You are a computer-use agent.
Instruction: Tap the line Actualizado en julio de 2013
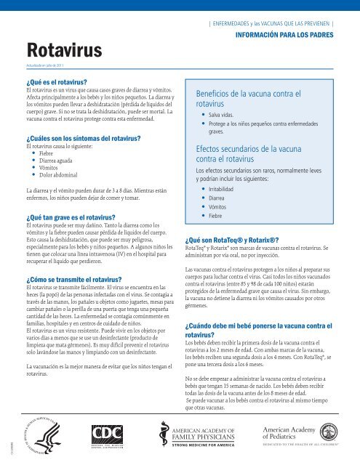coord(49,65)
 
